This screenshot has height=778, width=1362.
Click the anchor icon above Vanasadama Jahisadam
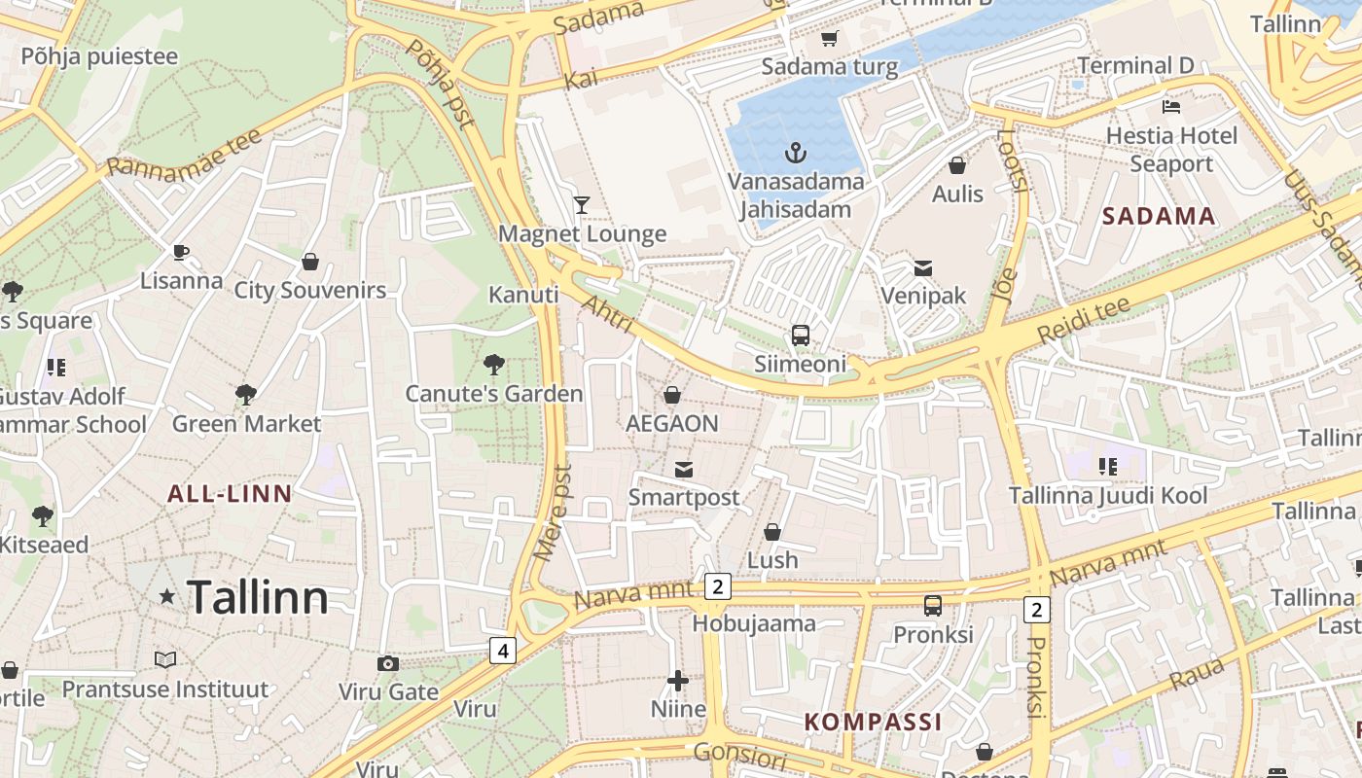click(796, 153)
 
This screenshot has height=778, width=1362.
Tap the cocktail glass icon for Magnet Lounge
click(582, 204)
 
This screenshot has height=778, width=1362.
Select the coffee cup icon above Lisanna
click(181, 253)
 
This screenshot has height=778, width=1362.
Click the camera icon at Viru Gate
click(388, 664)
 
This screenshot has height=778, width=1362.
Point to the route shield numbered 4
click(502, 651)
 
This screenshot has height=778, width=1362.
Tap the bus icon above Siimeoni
click(800, 336)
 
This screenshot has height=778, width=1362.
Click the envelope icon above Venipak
click(922, 267)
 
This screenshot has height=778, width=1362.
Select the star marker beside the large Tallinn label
click(167, 596)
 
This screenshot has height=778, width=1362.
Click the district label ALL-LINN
click(230, 494)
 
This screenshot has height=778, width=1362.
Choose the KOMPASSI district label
click(874, 722)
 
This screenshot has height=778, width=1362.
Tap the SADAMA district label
click(1159, 217)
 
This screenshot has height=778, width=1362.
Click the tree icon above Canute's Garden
click(494, 365)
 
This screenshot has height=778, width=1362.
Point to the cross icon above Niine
click(678, 681)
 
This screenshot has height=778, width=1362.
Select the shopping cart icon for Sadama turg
click(829, 39)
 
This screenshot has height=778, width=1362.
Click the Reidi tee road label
click(1083, 320)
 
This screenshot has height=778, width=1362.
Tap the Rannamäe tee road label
click(184, 154)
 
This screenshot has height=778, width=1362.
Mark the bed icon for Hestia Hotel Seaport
click(1171, 106)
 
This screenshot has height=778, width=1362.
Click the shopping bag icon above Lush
click(772, 532)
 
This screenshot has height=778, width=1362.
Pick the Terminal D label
click(1135, 66)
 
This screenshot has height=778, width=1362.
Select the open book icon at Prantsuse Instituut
click(165, 660)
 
